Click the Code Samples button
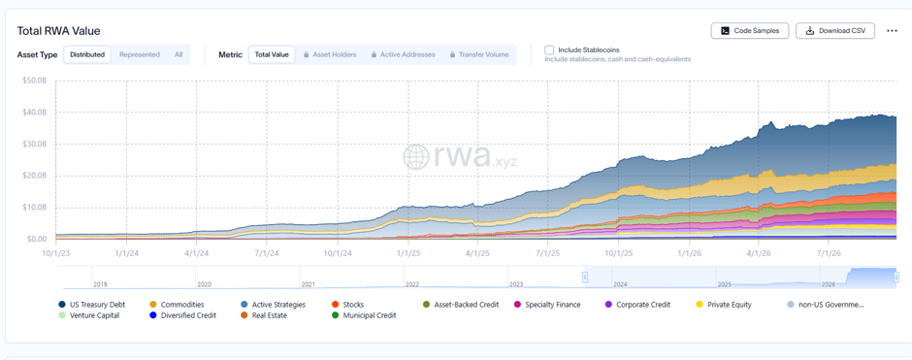point(749,31)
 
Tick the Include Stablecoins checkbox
point(549,50)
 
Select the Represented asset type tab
point(140,54)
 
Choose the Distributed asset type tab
point(87,54)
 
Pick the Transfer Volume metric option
point(479,54)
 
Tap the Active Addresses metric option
point(403,54)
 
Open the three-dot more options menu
point(892,31)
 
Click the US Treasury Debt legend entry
point(92,304)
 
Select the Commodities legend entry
point(177,304)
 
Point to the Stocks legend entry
point(347,304)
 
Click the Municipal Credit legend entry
point(364,315)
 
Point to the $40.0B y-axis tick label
point(34,113)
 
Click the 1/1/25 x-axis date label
point(407,253)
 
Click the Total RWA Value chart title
point(59,31)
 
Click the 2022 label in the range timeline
point(411,284)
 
